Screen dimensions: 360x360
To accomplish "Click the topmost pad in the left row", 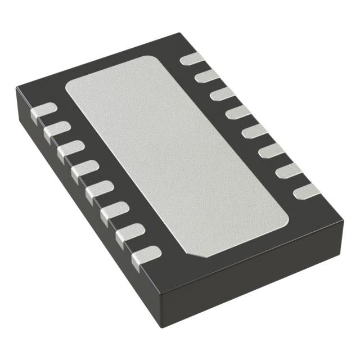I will click(43, 111).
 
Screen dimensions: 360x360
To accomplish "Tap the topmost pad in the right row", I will click(192, 58).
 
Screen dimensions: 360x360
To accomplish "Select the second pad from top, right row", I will click(208, 75).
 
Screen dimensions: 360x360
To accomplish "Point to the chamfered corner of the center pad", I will click(197, 253).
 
